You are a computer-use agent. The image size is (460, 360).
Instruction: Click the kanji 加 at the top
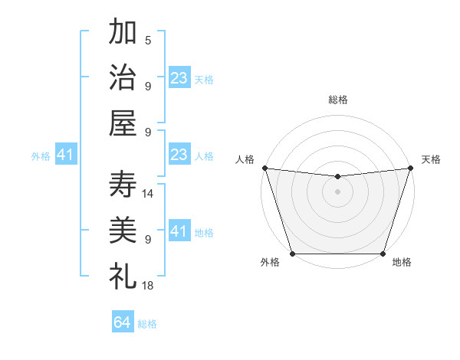[123, 34]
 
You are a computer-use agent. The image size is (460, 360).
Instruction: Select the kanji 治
[123, 77]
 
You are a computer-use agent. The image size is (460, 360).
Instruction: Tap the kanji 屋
[123, 123]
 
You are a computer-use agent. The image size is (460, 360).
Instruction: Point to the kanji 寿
[123, 184]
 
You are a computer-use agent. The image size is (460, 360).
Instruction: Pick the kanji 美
[123, 229]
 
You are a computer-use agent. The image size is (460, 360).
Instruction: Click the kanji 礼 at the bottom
[123, 274]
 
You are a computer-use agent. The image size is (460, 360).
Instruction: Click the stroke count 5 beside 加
[148, 41]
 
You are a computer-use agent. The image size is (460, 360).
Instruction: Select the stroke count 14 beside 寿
[148, 193]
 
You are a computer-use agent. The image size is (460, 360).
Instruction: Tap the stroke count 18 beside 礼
[148, 285]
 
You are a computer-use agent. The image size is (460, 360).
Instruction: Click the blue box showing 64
[123, 322]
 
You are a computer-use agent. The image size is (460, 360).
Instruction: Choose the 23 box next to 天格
[179, 77]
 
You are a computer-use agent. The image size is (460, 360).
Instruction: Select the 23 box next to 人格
[179, 155]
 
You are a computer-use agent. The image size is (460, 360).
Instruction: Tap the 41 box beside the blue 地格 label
[179, 231]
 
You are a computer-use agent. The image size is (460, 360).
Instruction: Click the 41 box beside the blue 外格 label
[65, 155]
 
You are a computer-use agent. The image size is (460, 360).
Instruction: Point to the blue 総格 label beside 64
[147, 324]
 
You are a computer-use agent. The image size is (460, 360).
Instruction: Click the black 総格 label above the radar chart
[337, 100]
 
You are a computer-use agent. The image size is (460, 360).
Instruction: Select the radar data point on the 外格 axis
[292, 254]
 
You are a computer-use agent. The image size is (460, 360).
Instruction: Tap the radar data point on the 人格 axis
[264, 168]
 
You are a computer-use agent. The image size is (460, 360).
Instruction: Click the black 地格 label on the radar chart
[402, 263]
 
